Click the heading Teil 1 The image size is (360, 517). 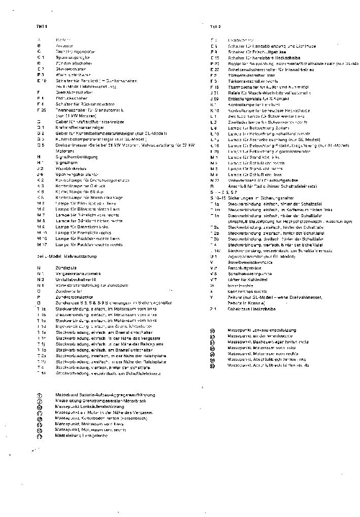42,26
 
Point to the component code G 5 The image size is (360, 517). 41,145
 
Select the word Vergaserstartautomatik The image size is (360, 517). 78,273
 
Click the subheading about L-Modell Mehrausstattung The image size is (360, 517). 67,257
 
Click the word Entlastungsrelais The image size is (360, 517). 242,98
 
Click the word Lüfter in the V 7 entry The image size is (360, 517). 234,280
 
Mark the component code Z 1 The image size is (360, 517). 214,308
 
